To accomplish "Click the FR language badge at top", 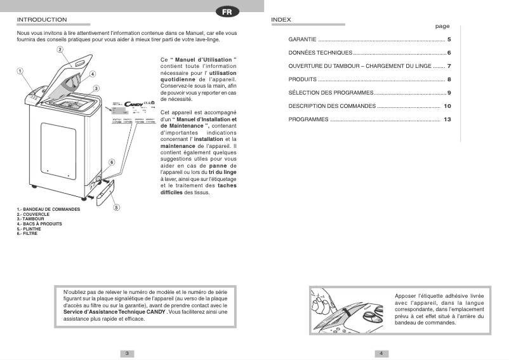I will click(227, 11).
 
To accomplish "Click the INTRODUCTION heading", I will click(42, 20).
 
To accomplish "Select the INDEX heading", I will click(281, 20).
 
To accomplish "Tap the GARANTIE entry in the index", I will click(303, 40).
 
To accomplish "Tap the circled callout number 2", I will click(60, 50).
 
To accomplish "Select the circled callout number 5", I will click(116, 207).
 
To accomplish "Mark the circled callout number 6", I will click(111, 163).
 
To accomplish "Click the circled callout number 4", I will click(93, 74).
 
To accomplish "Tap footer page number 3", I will click(127, 353).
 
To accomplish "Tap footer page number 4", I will click(381, 353).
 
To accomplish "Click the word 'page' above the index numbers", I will click(442, 27).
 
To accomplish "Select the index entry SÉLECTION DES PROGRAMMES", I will click(331, 93).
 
